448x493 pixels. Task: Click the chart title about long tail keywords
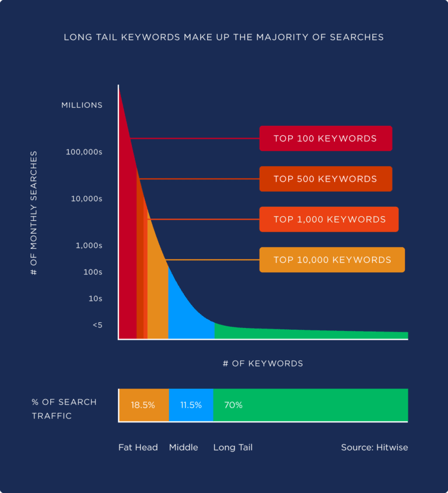[x=223, y=37]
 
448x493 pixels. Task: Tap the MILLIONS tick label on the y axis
[x=82, y=105]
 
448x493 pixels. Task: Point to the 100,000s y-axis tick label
[x=84, y=152]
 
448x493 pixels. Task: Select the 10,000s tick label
[x=86, y=199]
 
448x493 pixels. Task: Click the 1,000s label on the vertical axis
[x=89, y=245]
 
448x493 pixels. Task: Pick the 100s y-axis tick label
[x=92, y=272]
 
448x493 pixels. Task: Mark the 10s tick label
[x=95, y=298]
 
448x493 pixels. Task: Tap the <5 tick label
[x=97, y=325]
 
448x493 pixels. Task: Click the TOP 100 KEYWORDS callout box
[x=325, y=139]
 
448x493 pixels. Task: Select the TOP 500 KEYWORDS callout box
[x=325, y=179]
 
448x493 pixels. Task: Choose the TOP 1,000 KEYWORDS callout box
[x=329, y=220]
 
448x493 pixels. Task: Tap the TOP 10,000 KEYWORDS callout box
[x=332, y=260]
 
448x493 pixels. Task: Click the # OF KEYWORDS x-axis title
[x=262, y=364]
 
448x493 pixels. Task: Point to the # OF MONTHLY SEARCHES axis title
[x=34, y=213]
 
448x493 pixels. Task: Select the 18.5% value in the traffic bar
[x=143, y=405]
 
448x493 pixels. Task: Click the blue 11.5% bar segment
[x=191, y=405]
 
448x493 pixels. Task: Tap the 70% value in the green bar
[x=233, y=405]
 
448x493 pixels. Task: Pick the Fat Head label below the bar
[x=138, y=448]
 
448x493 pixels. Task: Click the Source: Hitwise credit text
[x=374, y=448]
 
